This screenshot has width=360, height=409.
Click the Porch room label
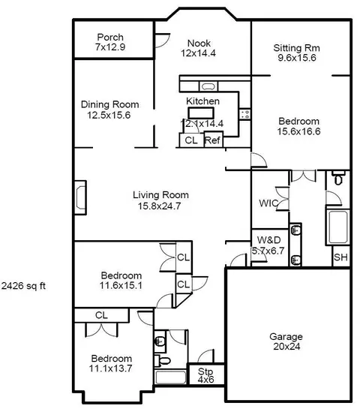110,37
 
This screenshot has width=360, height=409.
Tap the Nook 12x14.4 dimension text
199,53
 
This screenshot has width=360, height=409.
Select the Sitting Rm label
297,48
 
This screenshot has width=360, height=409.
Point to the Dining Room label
109,104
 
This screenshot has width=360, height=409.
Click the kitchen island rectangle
201,113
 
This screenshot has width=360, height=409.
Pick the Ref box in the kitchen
213,140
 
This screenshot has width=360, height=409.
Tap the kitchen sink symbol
208,86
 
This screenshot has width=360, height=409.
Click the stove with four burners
244,114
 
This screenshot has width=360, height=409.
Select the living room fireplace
80,197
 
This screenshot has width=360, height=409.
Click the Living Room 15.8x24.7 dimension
159,206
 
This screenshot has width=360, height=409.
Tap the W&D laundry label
268,240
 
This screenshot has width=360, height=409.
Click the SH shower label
340,257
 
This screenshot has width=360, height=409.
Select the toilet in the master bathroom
338,178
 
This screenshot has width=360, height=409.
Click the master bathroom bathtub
338,227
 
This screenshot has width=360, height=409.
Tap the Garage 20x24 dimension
286,347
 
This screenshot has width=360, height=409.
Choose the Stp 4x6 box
206,374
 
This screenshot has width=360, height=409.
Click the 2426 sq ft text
23,286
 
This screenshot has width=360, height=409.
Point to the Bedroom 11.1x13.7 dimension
110,368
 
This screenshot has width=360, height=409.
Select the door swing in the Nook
163,41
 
